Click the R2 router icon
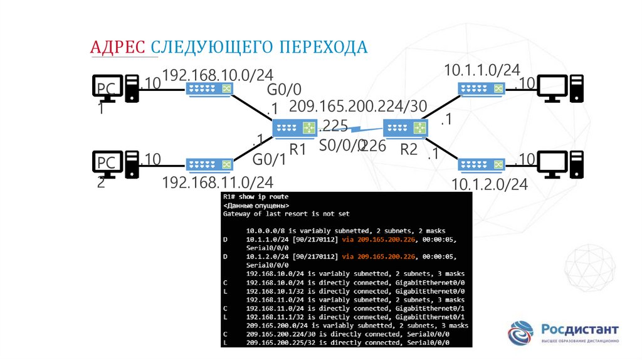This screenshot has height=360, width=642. [x=405, y=128]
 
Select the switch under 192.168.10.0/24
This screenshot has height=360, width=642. [x=209, y=89]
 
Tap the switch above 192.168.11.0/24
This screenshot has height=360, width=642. [x=209, y=165]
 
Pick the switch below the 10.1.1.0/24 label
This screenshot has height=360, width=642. [x=481, y=88]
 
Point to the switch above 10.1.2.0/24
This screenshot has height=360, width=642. [x=481, y=165]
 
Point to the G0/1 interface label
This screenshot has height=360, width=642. [x=270, y=160]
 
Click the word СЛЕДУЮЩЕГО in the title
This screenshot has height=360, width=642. [x=211, y=48]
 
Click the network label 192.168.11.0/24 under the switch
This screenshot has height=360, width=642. [x=218, y=183]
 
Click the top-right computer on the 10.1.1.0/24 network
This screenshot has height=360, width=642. [x=562, y=88]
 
